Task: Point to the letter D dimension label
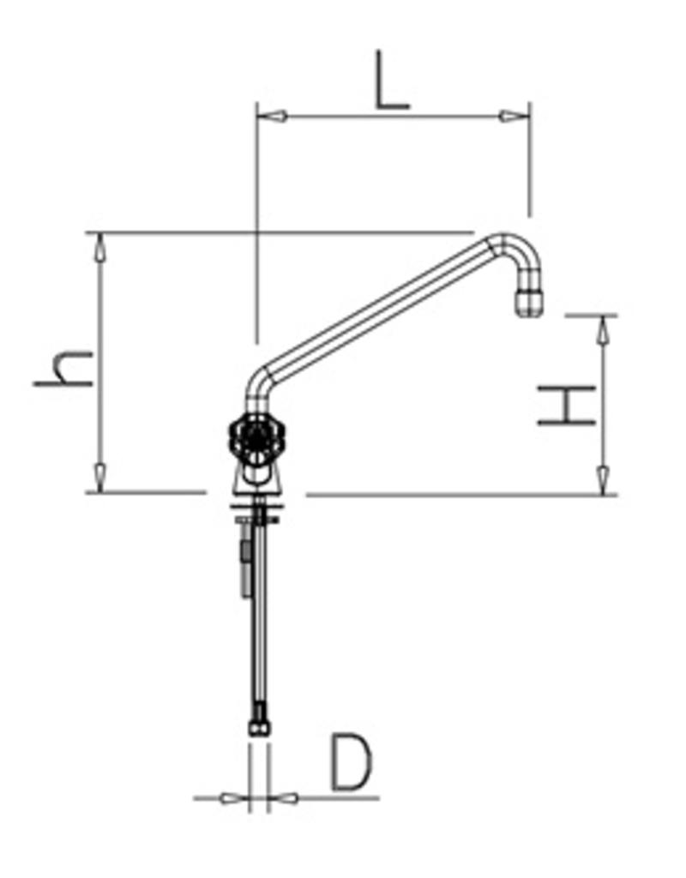(352, 762)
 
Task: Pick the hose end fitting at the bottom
(257, 729)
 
